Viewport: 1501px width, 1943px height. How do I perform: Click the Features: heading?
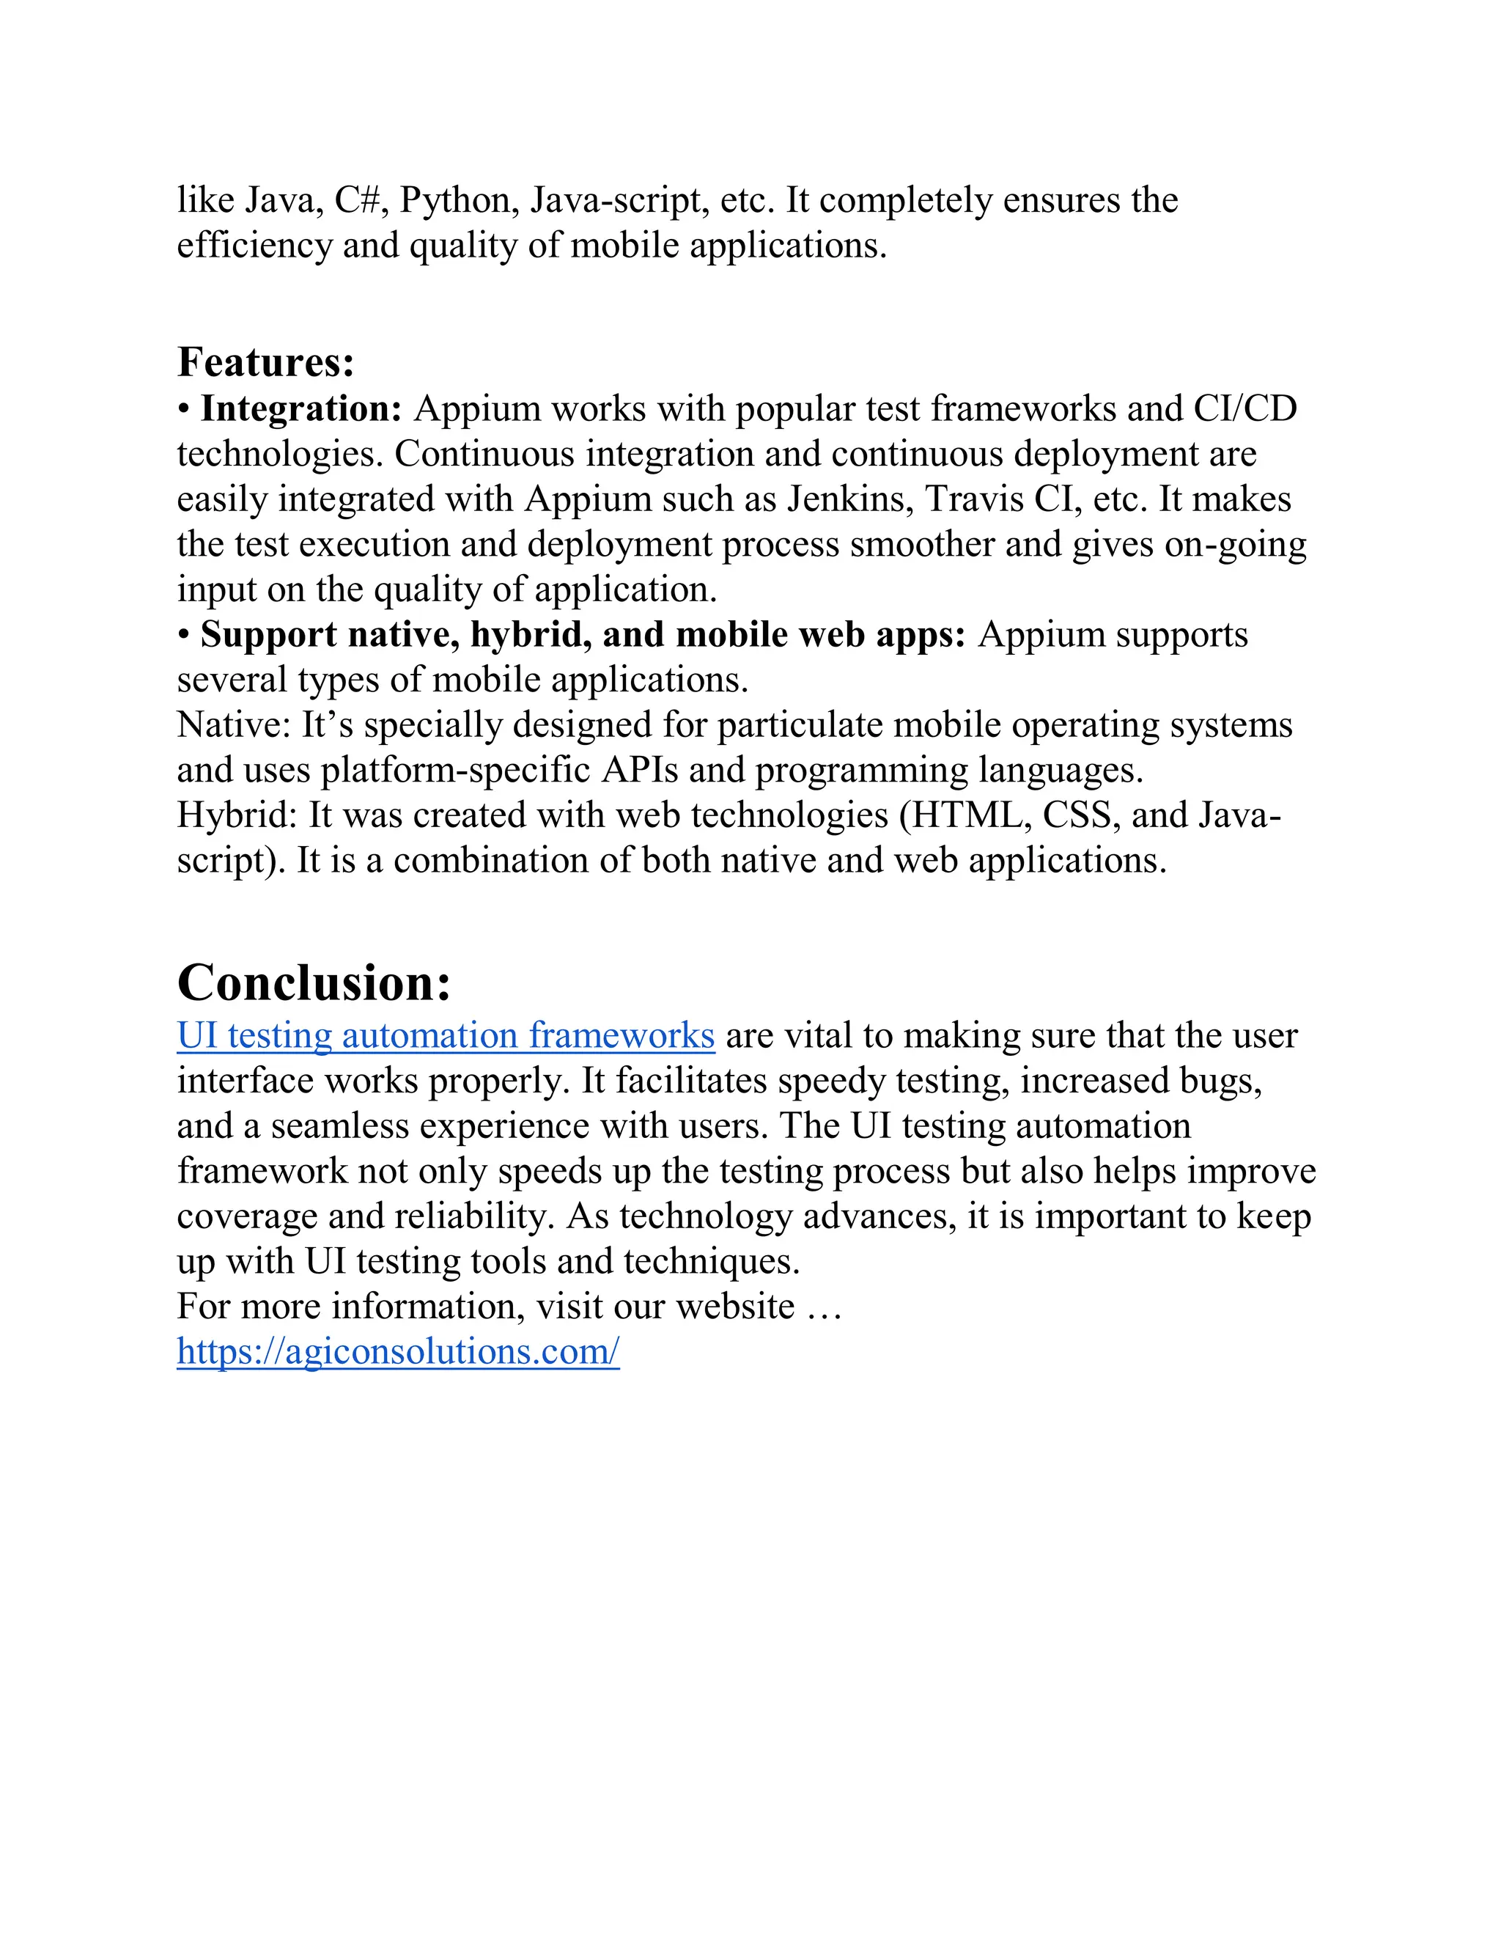[x=266, y=362]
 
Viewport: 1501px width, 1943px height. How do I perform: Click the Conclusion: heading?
[x=314, y=983]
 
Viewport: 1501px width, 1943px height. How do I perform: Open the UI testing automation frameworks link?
[x=446, y=1035]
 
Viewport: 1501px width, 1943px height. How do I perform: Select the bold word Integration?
[x=301, y=408]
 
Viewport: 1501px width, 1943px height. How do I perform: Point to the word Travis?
[x=975, y=499]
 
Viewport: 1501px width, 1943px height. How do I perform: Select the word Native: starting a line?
[x=234, y=725]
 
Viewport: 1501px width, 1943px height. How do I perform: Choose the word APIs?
[x=639, y=771]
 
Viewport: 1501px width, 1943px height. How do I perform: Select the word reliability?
[x=472, y=1217]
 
